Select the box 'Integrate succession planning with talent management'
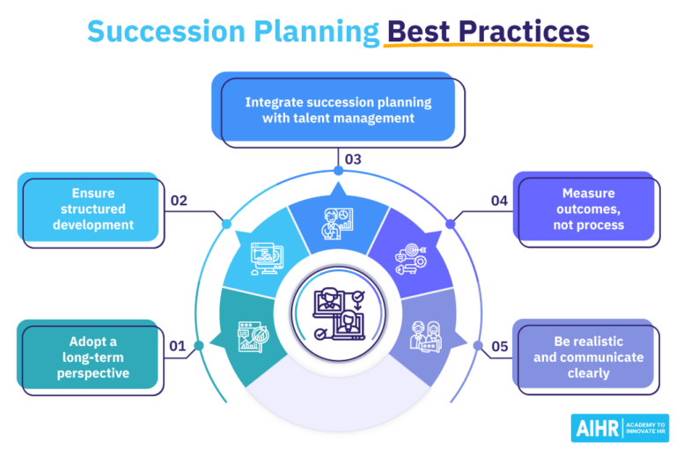[338, 109]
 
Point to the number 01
[178, 347]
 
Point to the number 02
[179, 201]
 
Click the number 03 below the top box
[352, 160]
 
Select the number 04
[499, 201]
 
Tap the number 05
[499, 347]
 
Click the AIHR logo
[619, 428]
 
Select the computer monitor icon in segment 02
[268, 259]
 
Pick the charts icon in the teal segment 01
[252, 336]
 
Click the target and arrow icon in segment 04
[410, 259]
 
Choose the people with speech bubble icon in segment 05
[426, 336]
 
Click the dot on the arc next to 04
[451, 224]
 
